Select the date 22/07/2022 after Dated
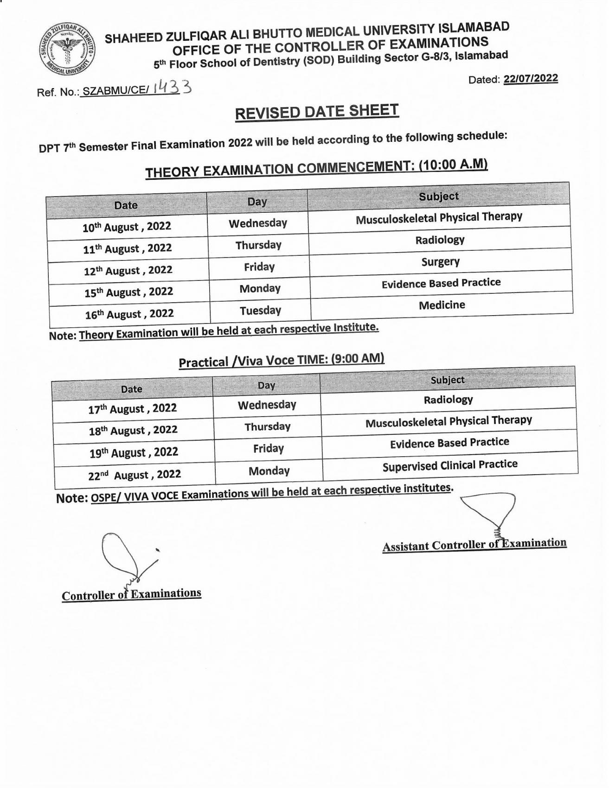[531, 78]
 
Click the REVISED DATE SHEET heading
[317, 112]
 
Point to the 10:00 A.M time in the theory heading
[453, 166]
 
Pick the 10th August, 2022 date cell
[127, 227]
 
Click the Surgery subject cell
[440, 262]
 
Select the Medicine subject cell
[442, 305]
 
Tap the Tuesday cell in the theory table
[260, 310]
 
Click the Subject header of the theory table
[438, 197]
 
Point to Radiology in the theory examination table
[440, 240]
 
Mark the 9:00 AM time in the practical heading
[357, 359]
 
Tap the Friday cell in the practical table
[268, 449]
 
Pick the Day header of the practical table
[266, 386]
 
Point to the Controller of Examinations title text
[131, 595]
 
